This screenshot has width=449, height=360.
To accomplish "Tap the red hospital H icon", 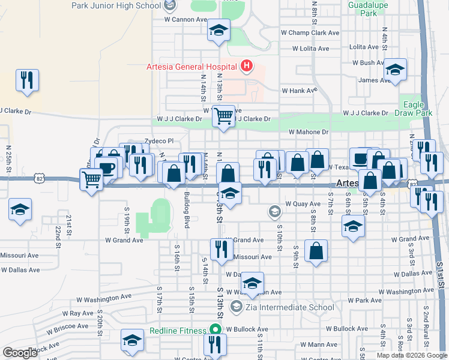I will click(x=246, y=66).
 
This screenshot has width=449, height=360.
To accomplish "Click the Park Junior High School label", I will click(x=116, y=5).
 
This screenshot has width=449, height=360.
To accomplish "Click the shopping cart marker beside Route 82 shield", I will click(x=91, y=178).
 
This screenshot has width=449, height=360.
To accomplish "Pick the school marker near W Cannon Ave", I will click(x=218, y=30).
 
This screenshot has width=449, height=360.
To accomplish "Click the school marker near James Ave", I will click(x=396, y=70).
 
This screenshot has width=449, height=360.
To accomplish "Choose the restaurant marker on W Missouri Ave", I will click(x=221, y=249).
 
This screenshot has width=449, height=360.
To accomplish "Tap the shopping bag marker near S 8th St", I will click(x=316, y=250).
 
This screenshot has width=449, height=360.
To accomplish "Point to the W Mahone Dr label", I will click(x=309, y=132).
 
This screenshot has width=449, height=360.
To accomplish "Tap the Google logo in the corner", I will click(x=20, y=353).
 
